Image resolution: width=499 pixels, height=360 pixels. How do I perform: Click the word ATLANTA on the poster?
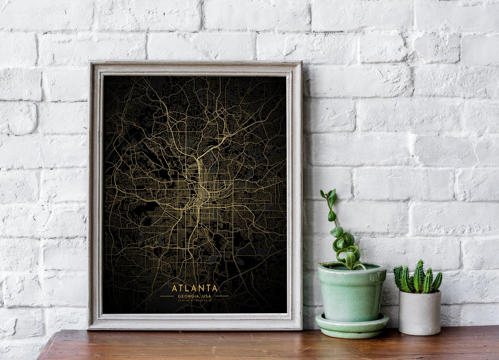[x=194, y=288]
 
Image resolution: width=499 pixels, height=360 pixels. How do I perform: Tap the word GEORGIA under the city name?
[x=187, y=296]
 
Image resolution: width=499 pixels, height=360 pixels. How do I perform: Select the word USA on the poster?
[x=206, y=296]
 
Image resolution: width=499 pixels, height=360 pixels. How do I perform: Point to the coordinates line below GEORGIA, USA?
[x=194, y=300]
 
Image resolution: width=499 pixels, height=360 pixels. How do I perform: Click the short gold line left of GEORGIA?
[x=167, y=296]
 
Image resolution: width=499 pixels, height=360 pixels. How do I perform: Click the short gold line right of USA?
[x=221, y=296]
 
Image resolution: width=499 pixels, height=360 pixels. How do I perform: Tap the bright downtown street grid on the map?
[x=202, y=194]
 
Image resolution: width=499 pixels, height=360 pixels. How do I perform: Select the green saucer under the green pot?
[x=351, y=326]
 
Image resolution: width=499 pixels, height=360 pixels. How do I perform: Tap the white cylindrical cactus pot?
[x=419, y=313]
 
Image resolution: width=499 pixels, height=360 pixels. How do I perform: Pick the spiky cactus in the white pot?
[x=418, y=278]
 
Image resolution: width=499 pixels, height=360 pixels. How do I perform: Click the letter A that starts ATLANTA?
[x=174, y=288]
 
